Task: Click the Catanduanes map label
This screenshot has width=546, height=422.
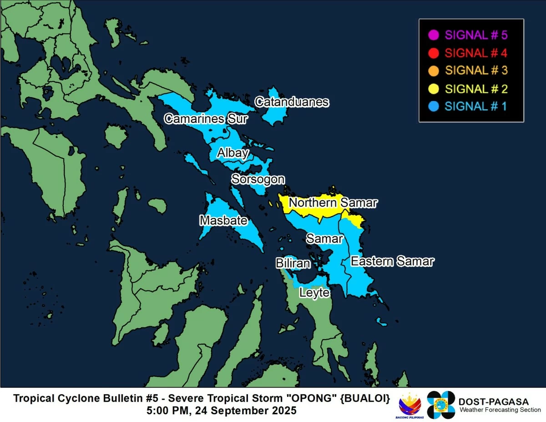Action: click(292, 102)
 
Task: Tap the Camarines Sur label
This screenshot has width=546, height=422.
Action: click(206, 119)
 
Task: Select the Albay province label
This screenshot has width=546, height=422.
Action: click(233, 153)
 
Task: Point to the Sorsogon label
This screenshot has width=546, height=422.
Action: click(258, 179)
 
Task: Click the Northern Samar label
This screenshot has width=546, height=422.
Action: click(333, 203)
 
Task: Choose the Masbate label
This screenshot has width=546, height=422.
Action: click(223, 221)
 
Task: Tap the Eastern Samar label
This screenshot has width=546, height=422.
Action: click(392, 262)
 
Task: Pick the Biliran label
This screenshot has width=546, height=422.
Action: click(293, 264)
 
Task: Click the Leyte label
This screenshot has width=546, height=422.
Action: click(314, 293)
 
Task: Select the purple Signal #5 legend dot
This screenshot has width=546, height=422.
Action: click(434, 35)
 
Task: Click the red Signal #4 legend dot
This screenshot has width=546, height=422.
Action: click(434, 53)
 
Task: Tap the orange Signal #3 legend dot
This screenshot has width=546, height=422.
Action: click(434, 71)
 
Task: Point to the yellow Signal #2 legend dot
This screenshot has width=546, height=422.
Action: click(434, 88)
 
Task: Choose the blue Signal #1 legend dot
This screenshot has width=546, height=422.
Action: click(434, 106)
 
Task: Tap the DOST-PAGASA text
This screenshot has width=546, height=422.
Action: click(494, 402)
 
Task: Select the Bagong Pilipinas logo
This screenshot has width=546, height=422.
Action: click(410, 405)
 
